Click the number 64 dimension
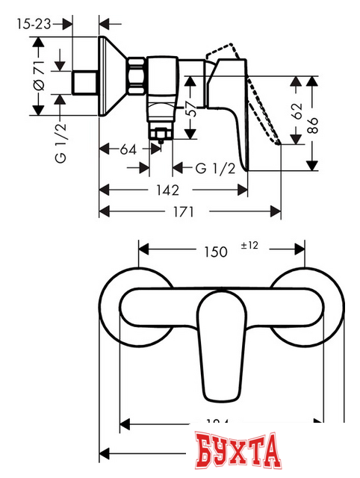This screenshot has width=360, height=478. click(x=128, y=150)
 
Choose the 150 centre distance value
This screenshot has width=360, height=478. click(x=214, y=252)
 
